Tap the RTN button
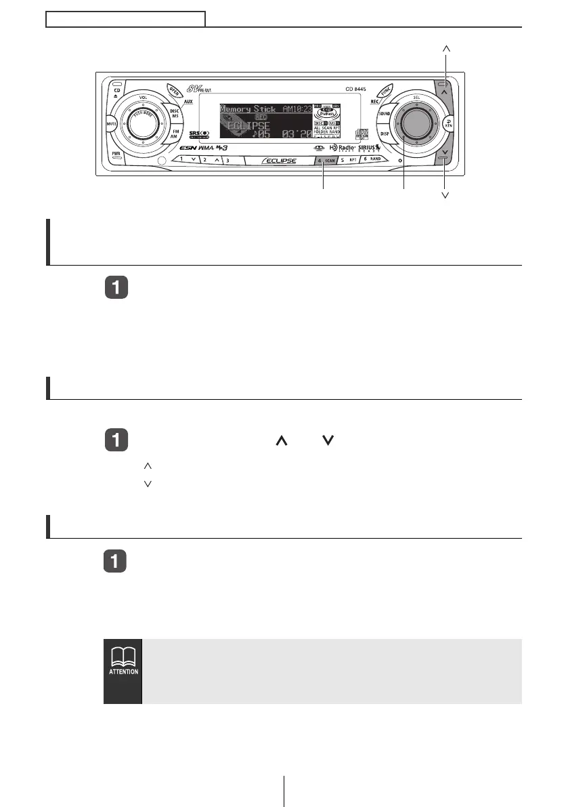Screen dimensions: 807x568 tap(447, 124)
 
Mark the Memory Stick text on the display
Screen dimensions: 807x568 tap(246, 109)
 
